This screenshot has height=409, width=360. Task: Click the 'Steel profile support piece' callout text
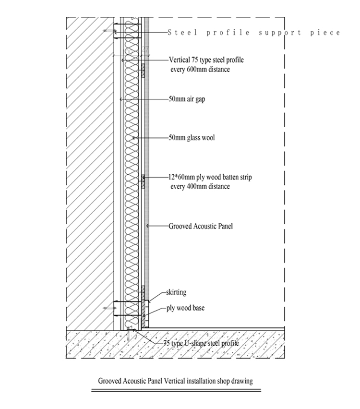point(253,33)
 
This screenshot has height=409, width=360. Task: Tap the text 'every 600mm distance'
point(200,70)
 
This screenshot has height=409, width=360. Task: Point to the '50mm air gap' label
point(187,99)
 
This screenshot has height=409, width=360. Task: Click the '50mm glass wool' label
point(191,138)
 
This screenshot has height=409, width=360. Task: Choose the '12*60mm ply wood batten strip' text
point(210,177)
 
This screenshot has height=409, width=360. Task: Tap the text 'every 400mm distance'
point(200,186)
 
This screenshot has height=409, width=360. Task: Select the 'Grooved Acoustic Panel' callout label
point(200,225)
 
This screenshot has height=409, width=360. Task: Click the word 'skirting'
point(176,292)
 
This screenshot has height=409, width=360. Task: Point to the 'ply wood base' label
point(185,308)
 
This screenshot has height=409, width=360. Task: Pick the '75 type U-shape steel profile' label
point(201,343)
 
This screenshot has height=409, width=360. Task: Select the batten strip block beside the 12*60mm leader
point(143,178)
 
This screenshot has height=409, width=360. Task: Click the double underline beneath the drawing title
point(176,389)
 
